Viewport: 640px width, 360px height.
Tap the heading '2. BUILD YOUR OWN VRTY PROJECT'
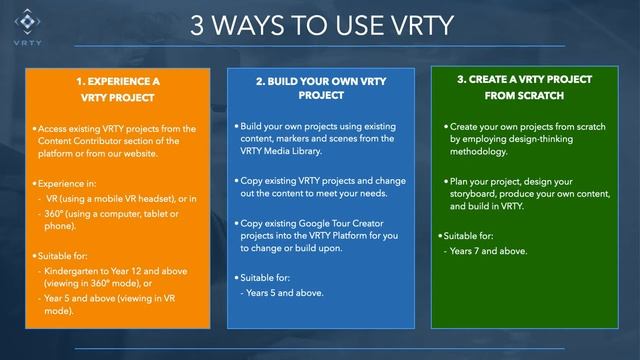pyautogui.click(x=320, y=87)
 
